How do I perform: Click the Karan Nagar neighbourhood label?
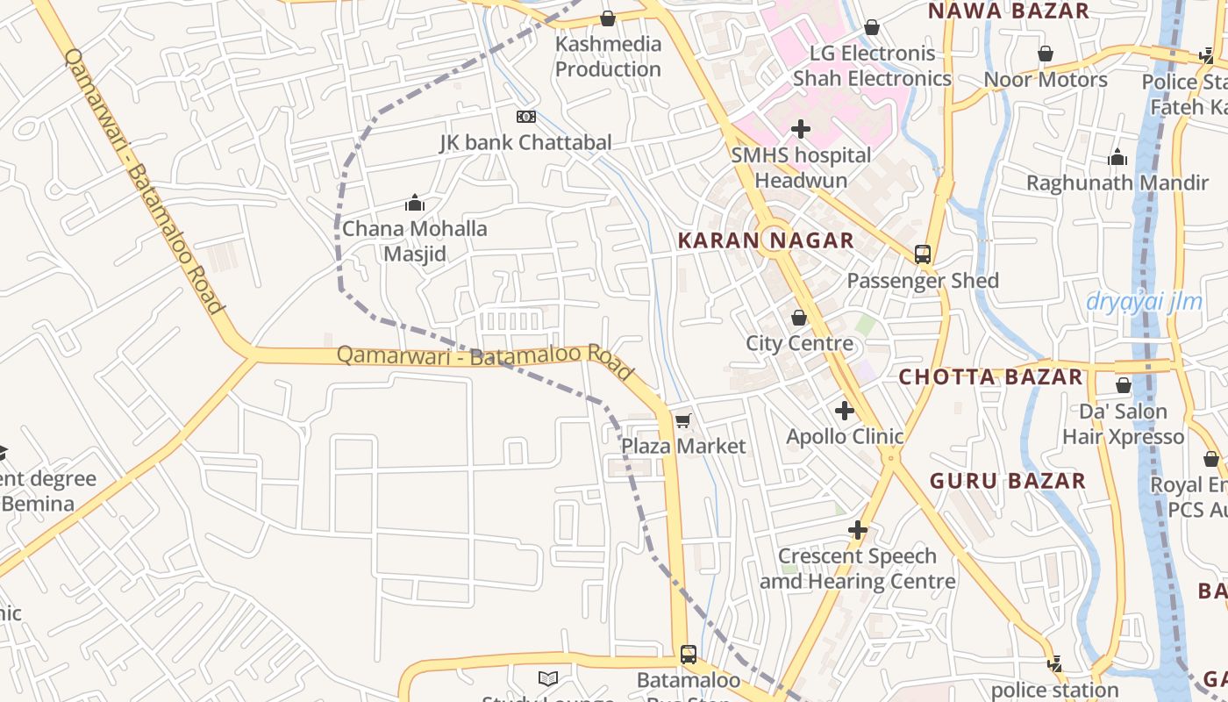[766, 240]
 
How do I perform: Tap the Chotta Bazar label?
[990, 377]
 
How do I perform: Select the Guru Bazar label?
[1008, 481]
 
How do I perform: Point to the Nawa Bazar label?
[1008, 11]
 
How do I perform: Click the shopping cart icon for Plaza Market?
[683, 421]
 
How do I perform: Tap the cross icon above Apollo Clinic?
[845, 410]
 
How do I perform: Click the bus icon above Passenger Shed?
[923, 254]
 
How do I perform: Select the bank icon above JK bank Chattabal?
[526, 117]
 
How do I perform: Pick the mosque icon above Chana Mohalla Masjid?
[415, 204]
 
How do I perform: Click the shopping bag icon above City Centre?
[799, 318]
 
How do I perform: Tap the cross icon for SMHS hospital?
[800, 130]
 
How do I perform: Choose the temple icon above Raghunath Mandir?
[1117, 158]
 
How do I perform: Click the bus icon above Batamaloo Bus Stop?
[689, 654]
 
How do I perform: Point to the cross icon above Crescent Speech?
[858, 530]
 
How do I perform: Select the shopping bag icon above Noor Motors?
[1046, 54]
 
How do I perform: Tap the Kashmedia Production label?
[608, 56]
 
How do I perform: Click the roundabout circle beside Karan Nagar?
[776, 240]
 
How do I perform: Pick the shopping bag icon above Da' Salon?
[1124, 385]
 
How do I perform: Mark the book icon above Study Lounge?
[548, 678]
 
